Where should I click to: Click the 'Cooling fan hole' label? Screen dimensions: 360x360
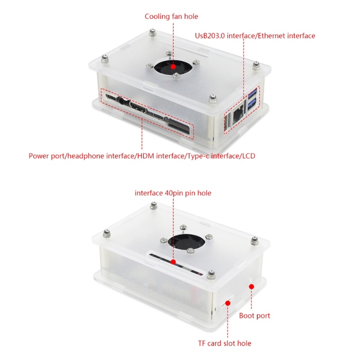pos(171,17)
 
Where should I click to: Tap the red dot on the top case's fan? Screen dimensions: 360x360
pos(173,66)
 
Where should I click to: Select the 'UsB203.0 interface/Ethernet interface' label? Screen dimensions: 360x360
pos(255,36)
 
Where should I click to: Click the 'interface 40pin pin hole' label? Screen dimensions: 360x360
pos(173,193)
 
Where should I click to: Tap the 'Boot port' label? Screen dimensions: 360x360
pos(255,315)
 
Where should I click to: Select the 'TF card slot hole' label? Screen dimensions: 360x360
pos(225,343)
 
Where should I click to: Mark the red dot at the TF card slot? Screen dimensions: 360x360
pos(228,303)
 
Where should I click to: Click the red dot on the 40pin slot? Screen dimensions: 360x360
pos(173,261)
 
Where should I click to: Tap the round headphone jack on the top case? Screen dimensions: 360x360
pos(120,99)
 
